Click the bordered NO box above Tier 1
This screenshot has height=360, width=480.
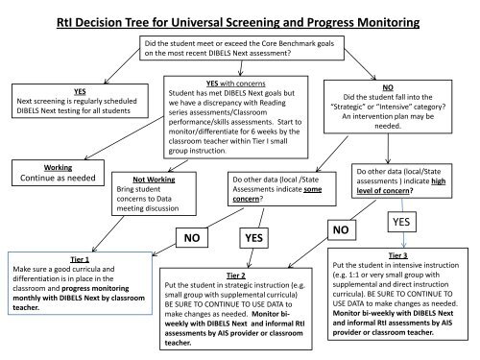click(192, 237)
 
